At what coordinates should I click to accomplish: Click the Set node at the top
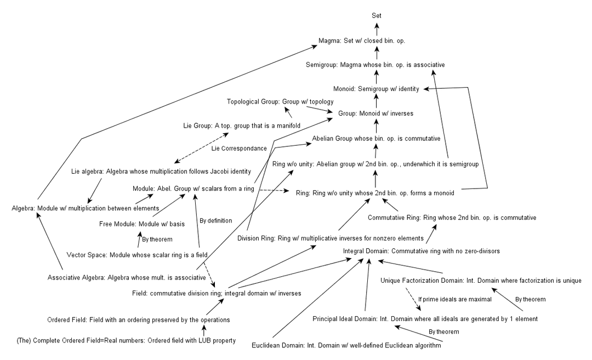pos(375,15)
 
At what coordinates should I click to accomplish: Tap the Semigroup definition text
pos(375,65)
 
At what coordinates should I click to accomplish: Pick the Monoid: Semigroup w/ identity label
pos(376,89)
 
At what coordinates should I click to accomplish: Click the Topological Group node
pos(280,101)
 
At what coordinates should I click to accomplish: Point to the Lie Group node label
pos(234,125)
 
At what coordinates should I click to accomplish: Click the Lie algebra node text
pos(161,172)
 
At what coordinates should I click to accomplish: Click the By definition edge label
pos(215,220)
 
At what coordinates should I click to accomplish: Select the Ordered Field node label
pos(138,319)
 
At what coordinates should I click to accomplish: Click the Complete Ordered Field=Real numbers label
pos(126,341)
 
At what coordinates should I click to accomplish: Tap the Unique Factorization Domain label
pos(481,281)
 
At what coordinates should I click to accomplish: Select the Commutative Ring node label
pos(452,218)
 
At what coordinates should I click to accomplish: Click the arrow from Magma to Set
pos(376,28)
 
